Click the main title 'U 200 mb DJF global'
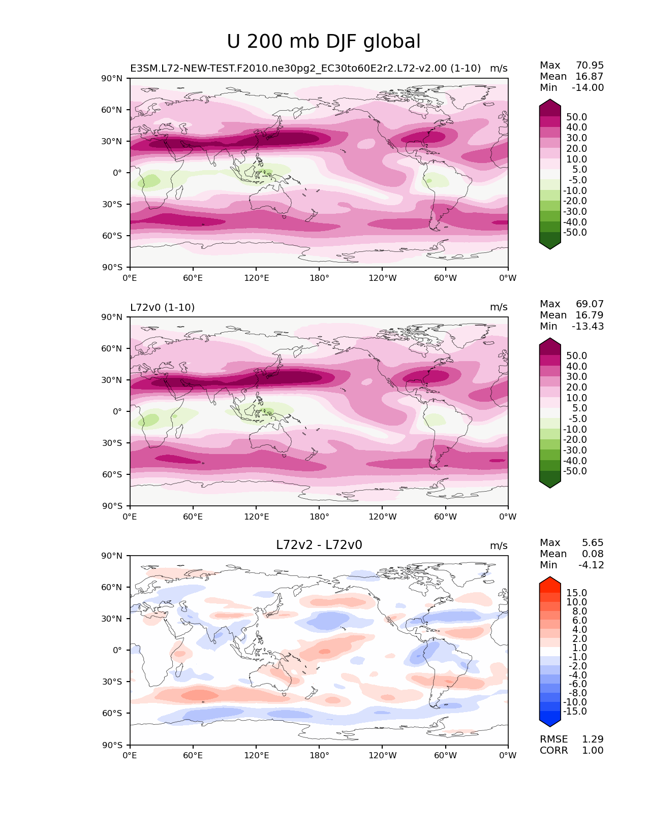coord(324,42)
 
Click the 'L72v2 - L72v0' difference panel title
coord(319,545)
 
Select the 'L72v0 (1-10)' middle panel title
coord(162,307)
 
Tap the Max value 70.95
coord(590,65)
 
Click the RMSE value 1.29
coord(593,739)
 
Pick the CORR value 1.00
coord(593,750)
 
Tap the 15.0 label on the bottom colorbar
coord(576,593)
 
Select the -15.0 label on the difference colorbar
coord(575,711)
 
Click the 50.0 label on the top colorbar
coord(576,117)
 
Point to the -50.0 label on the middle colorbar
coord(575,471)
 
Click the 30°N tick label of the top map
coord(112,141)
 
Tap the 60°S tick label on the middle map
coord(112,474)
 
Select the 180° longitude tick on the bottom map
coord(319,755)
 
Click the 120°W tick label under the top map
coord(383,278)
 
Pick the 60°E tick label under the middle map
coord(193,517)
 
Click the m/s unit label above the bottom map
coord(499,545)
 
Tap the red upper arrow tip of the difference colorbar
coord(550,581)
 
